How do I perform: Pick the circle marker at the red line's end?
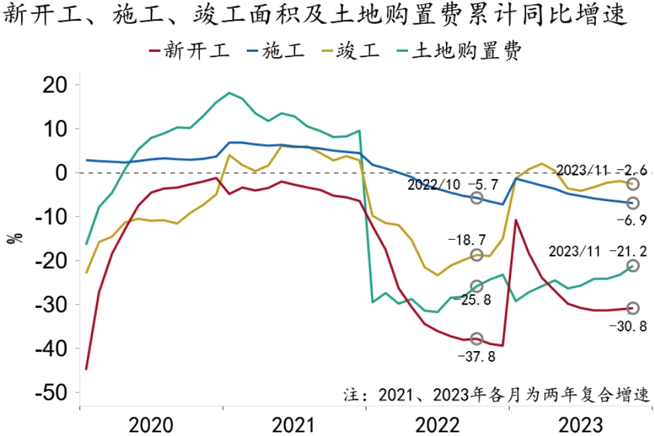[633, 308]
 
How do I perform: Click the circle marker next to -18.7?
[476, 255]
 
